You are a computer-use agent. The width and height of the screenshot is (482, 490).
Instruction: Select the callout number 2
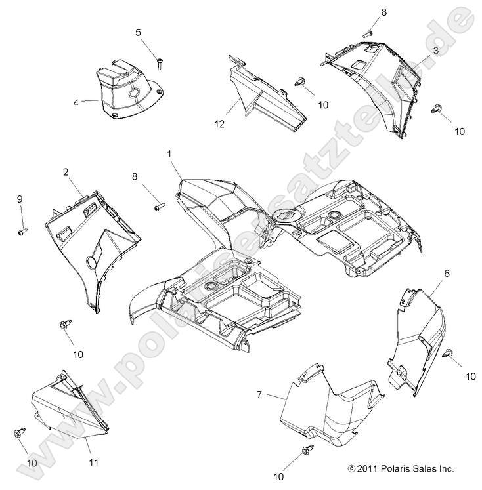click(x=66, y=172)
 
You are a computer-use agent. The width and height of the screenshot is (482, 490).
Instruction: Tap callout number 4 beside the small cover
click(x=77, y=102)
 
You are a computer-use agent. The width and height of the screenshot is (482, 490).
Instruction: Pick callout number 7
click(x=259, y=394)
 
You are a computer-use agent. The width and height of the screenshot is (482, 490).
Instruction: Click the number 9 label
click(x=20, y=199)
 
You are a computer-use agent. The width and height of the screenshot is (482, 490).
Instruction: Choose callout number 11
click(x=93, y=462)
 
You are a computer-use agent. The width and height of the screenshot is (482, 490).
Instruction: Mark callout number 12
click(x=219, y=123)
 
